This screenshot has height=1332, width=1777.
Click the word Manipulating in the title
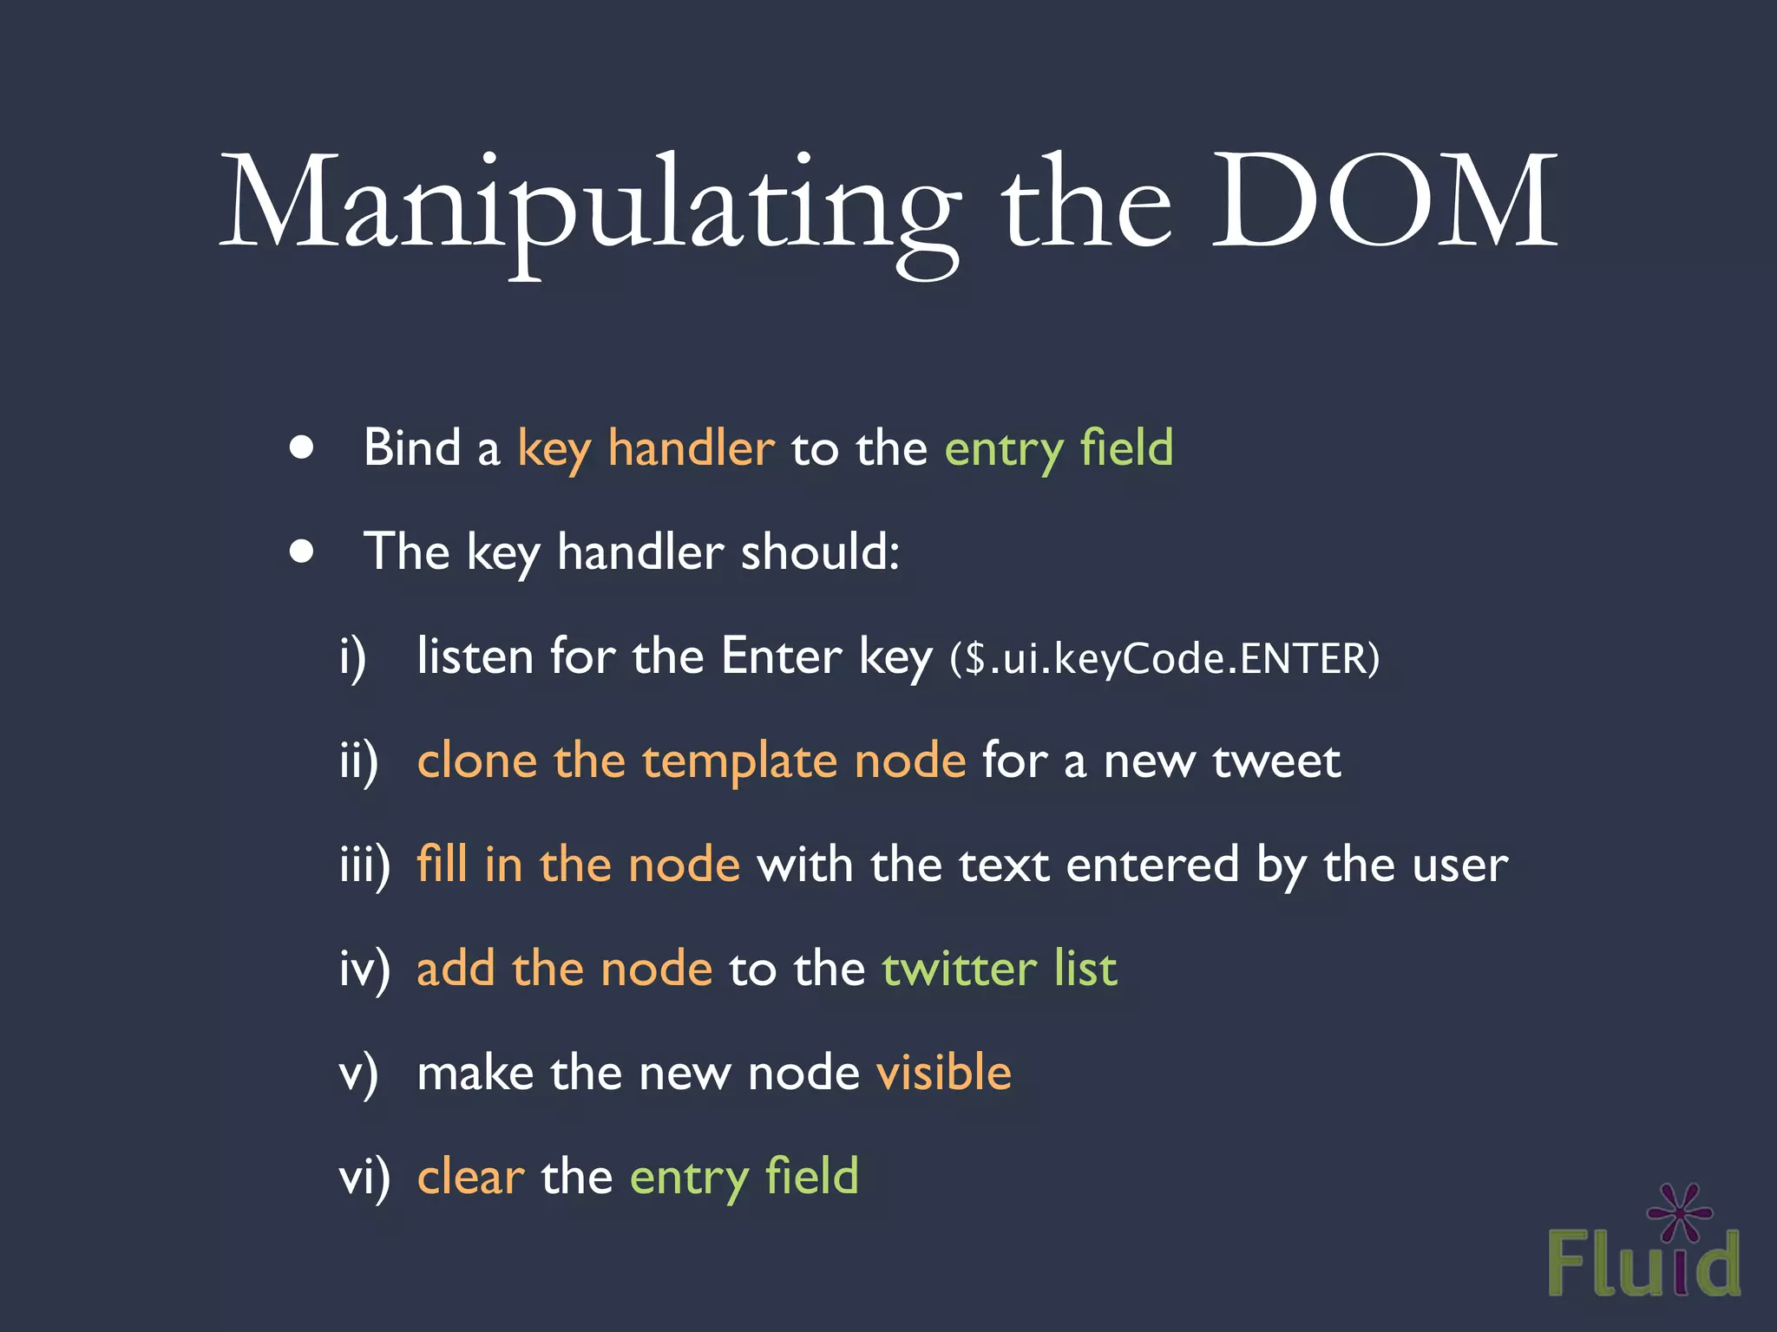coord(590,208)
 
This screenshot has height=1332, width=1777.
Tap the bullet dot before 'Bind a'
coord(301,447)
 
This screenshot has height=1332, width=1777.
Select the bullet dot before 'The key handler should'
coord(301,552)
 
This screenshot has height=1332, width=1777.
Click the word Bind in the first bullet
coord(411,447)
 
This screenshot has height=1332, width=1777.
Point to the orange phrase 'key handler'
coord(646,449)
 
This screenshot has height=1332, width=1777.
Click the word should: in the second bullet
coord(820,552)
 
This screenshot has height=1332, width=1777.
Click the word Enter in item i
coord(781,656)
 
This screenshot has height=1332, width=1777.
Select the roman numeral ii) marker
coord(358,761)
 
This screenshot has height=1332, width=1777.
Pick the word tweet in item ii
coord(1276,761)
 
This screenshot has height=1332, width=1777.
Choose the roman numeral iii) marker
coord(364,865)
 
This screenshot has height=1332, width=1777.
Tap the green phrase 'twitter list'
coord(1000,969)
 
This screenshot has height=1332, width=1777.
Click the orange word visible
coord(944,1073)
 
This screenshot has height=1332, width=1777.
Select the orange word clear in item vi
coord(470,1177)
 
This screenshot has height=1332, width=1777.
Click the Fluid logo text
coord(1643,1264)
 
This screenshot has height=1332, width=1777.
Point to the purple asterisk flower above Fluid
coord(1680,1212)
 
